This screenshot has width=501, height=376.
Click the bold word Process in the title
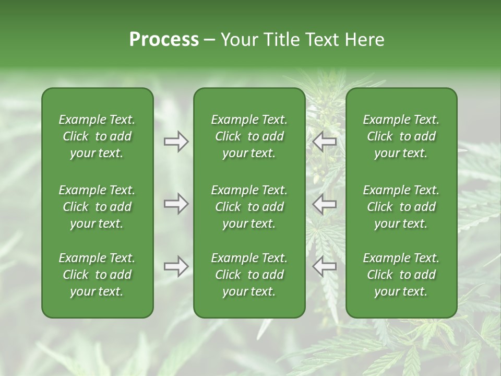[164, 40]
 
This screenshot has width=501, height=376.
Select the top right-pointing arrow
[176, 142]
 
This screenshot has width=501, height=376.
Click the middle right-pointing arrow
[176, 204]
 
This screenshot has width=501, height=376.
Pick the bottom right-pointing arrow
[176, 266]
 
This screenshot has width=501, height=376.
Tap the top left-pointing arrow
[325, 142]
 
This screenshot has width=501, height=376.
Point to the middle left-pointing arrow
[325, 204]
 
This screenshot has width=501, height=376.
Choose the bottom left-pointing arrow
[325, 266]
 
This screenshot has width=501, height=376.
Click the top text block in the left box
[97, 136]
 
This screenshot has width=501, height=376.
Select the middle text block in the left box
[97, 207]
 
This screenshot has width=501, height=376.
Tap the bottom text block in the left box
[97, 275]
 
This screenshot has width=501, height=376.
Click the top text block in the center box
[249, 136]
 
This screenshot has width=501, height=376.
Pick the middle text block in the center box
[249, 207]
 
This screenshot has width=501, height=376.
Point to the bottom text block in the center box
[249, 275]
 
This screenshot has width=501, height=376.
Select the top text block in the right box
[401, 136]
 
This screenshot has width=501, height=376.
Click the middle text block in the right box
[401, 207]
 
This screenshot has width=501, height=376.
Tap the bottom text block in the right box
[401, 275]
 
